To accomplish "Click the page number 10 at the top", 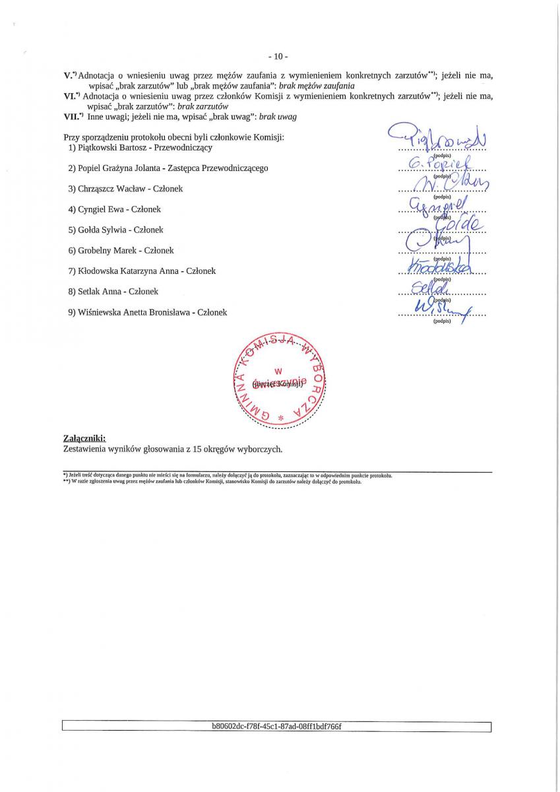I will coord(280,56).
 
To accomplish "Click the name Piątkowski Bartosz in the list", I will coord(110,147).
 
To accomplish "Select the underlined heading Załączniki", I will coord(84,438).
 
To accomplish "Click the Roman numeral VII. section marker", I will coord(72,117).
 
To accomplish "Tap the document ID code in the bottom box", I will coord(276,727).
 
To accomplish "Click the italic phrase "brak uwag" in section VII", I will coord(278,117).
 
